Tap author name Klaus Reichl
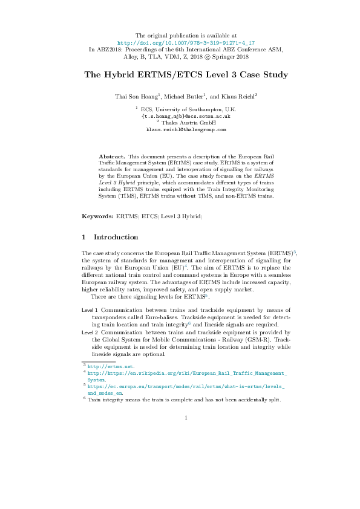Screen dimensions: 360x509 [238, 96]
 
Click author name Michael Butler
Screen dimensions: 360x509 [186, 96]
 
